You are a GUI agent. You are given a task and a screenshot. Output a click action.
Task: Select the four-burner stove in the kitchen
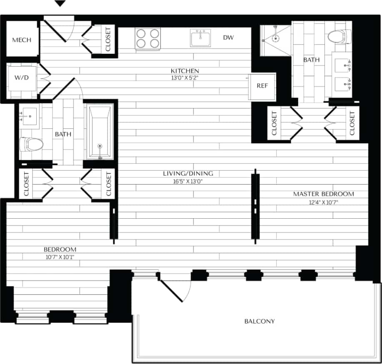pyautogui.click(x=148, y=39)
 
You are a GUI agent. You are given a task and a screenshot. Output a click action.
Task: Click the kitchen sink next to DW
pyautogui.click(x=201, y=38)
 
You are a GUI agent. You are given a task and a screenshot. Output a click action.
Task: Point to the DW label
pyautogui.click(x=228, y=38)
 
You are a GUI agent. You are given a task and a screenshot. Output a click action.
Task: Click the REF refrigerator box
pyautogui.click(x=262, y=86)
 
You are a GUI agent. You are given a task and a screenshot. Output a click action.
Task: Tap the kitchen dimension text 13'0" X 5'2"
pyautogui.click(x=182, y=77)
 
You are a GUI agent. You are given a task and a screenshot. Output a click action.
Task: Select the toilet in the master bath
pyautogui.click(x=339, y=37)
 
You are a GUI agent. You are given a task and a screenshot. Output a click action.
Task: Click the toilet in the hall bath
pyautogui.click(x=32, y=145)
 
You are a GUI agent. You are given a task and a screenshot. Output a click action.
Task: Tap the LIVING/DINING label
pyautogui.click(x=188, y=173)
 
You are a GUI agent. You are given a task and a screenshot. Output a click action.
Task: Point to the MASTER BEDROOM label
pyautogui.click(x=323, y=194)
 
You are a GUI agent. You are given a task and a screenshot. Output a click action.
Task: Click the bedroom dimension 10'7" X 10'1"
pyautogui.click(x=60, y=257)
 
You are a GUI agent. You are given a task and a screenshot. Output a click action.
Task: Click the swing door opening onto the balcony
pyautogui.click(x=173, y=289)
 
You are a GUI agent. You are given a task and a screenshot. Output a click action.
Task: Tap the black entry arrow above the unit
pyautogui.click(x=60, y=4)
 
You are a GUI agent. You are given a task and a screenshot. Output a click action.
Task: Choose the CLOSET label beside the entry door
pyautogui.click(x=108, y=39)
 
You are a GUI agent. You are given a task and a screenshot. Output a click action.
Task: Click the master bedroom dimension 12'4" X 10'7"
pyautogui.click(x=323, y=202)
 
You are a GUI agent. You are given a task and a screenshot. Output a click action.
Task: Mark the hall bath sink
pyautogui.click(x=28, y=114)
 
